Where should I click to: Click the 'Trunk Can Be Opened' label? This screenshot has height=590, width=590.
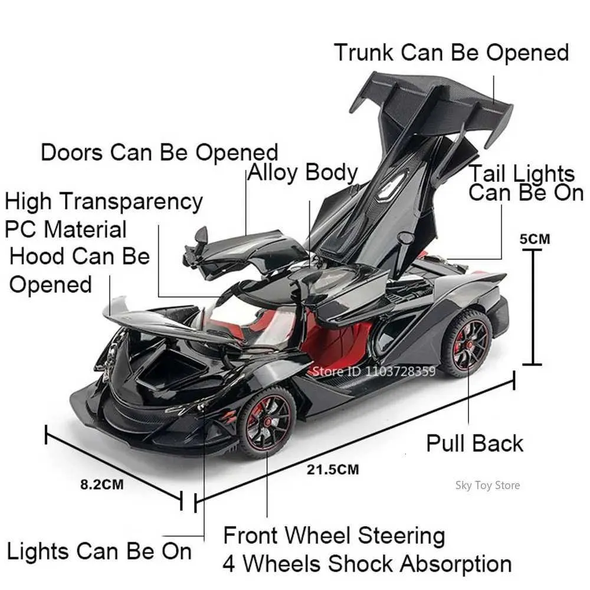pos(451,53)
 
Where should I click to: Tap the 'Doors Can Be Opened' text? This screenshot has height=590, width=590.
pos(159,153)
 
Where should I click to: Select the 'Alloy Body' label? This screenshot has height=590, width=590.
pos(303,173)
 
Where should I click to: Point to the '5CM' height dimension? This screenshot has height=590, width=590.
pos(535,239)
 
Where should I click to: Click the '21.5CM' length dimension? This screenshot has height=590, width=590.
pos(333,470)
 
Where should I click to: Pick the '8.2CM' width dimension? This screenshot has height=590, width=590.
pos(102,484)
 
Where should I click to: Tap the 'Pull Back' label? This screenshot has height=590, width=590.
pos(474,443)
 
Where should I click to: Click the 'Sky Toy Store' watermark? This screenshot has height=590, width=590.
pos(488,486)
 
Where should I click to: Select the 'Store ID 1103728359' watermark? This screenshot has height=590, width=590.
pos(374,371)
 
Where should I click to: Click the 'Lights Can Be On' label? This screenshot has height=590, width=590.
pos(99,552)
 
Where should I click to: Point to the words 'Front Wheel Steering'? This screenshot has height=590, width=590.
pos(334,536)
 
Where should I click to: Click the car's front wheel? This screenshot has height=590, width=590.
pos(268,422)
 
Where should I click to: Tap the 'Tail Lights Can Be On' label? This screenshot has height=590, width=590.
pos(525,183)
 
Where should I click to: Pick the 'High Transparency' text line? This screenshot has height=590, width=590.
pos(104,202)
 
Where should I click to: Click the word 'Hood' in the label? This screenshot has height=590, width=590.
pos(37,257)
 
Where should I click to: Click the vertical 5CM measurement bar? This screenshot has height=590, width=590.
pos(532,307)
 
